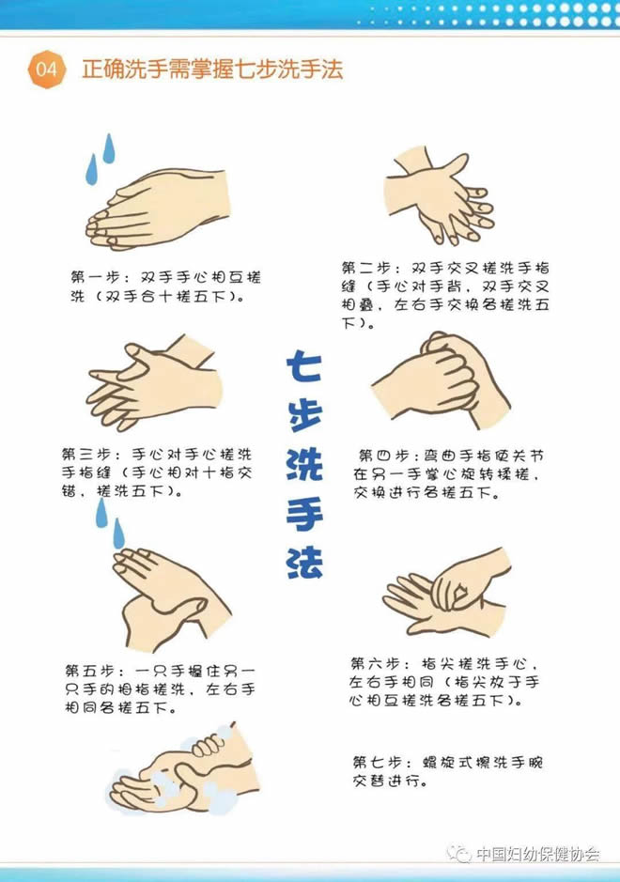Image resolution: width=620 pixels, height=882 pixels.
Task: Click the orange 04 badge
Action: [47, 70]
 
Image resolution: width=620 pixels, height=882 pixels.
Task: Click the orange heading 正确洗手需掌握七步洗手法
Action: [212, 70]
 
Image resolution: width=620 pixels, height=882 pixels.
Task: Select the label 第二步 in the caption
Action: [365, 268]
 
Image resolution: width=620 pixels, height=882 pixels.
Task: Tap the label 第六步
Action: [374, 664]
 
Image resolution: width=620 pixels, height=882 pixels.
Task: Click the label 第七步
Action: [376, 763]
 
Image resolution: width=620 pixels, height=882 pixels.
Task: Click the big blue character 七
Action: [303, 365]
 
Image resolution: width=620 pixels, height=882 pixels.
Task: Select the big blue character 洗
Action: [304, 464]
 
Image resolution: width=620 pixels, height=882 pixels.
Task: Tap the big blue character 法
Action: [304, 563]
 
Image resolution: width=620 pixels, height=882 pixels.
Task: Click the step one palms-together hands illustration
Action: [158, 209]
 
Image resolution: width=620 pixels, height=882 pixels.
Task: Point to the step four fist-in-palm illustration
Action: [441, 379]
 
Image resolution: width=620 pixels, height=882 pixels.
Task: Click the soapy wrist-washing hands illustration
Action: [183, 767]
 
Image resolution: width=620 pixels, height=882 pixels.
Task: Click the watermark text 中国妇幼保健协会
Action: [537, 854]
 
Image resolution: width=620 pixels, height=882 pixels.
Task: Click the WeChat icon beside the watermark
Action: [459, 854]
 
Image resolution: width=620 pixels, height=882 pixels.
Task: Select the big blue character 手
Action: [304, 514]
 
